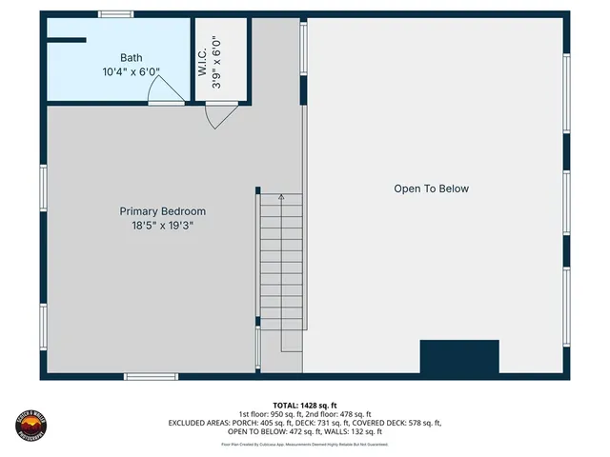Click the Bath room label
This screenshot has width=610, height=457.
coord(132,58)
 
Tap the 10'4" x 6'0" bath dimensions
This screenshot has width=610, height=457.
coord(132,71)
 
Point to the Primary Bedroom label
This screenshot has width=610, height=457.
coord(162,211)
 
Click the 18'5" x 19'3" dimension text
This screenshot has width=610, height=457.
coord(162,226)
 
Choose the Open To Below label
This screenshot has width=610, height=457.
coord(431,189)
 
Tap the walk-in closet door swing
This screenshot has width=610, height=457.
coord(220,115)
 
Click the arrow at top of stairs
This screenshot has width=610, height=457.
coord(281,198)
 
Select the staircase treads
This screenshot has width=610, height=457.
coord(281,267)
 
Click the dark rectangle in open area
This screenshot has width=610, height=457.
coord(459,356)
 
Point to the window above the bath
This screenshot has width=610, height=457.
coord(116,14)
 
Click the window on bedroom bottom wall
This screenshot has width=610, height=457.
coord(152,377)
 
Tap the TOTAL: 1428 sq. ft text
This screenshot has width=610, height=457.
coord(305,405)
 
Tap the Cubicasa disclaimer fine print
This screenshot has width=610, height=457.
coord(305,444)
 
